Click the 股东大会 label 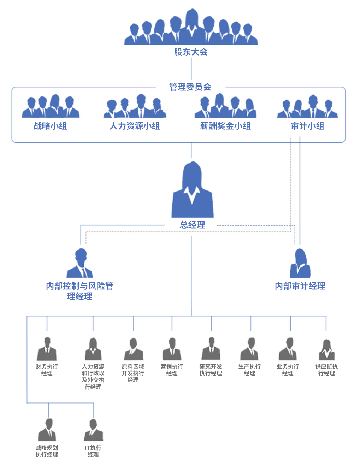pos(191,52)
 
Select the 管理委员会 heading pos(190,87)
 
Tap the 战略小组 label pos(51,126)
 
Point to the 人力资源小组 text pos(135,126)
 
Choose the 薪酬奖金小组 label pos(225,126)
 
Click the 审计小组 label pos(307,126)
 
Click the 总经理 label pos(193,225)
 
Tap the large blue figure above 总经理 pos(193,189)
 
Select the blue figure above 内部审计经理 pos(300,263)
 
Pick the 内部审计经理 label pos(300,286)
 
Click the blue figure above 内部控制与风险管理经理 pos(79,263)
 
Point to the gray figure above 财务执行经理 pos(47,349)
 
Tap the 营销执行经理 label pos(172,370)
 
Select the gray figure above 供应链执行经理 pos(326,350)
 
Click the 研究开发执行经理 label pos(211,370)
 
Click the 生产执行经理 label pos(249,370)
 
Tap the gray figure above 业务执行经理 pos(288,349)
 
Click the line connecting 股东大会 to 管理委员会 pos(191,69)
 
